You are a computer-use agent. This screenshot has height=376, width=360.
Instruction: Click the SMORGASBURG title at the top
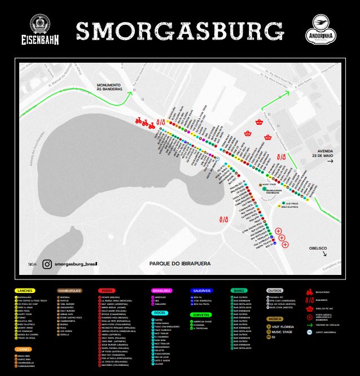[x=179, y=32]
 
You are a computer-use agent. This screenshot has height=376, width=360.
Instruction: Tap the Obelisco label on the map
[x=318, y=248]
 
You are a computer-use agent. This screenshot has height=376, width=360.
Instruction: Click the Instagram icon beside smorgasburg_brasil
[x=47, y=263]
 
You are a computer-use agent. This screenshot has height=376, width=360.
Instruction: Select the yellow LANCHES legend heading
[x=24, y=290]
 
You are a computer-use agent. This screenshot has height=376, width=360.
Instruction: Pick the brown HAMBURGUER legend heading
[x=70, y=290]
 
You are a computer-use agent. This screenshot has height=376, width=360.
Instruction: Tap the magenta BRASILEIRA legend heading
[x=162, y=290]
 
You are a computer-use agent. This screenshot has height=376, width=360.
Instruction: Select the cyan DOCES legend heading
[x=159, y=312]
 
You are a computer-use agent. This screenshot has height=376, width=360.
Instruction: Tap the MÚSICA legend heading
[x=274, y=319]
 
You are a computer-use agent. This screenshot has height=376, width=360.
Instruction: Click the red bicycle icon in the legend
[x=309, y=292]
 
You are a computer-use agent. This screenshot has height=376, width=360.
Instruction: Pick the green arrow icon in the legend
[x=309, y=325]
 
